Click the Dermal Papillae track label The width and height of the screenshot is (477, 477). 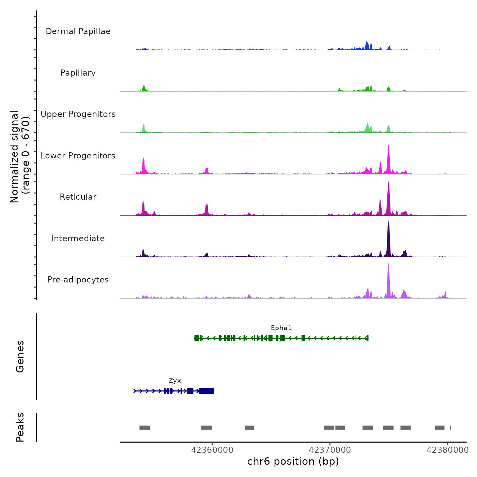(78, 31)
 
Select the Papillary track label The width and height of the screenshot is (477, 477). (78, 73)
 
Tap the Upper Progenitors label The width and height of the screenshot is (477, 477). (78, 114)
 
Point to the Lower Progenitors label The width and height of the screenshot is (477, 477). (78, 156)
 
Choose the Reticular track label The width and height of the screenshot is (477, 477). (78, 197)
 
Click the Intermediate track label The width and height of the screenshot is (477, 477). (78, 238)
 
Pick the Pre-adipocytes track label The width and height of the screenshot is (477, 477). (78, 280)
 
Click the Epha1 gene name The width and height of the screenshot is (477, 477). (281, 328)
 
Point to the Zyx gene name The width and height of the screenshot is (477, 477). (175, 381)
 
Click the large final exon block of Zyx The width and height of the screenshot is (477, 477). (206, 391)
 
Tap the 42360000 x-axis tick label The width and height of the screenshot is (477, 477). (212, 450)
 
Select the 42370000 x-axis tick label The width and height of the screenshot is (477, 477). (330, 450)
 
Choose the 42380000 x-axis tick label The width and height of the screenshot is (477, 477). (448, 450)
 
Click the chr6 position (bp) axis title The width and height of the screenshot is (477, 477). (293, 461)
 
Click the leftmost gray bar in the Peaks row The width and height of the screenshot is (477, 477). (145, 428)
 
